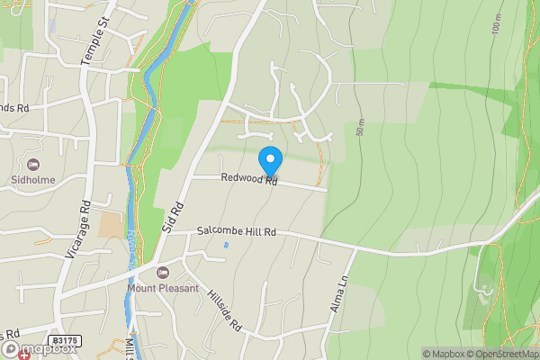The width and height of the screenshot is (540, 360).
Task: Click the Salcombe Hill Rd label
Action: click(x=237, y=232)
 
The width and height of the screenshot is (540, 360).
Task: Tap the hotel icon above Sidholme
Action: click(x=34, y=164)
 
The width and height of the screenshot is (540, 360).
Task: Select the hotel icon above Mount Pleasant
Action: click(x=163, y=273)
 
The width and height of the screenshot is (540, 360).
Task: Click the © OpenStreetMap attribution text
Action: click(x=502, y=354)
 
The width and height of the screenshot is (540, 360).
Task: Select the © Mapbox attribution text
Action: click(x=443, y=354)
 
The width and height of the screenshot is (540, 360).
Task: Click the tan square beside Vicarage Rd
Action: click(x=112, y=224)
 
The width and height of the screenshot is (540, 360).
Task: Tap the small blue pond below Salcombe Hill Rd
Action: click(x=226, y=246)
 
